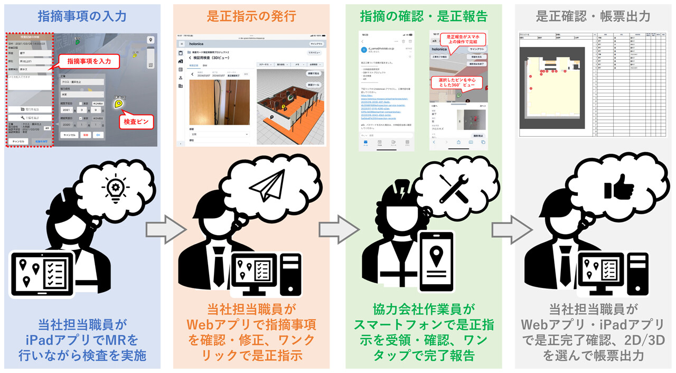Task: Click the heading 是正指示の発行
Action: click(251, 16)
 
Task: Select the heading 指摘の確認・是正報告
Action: click(423, 16)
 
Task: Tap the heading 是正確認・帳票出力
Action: click(593, 16)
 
